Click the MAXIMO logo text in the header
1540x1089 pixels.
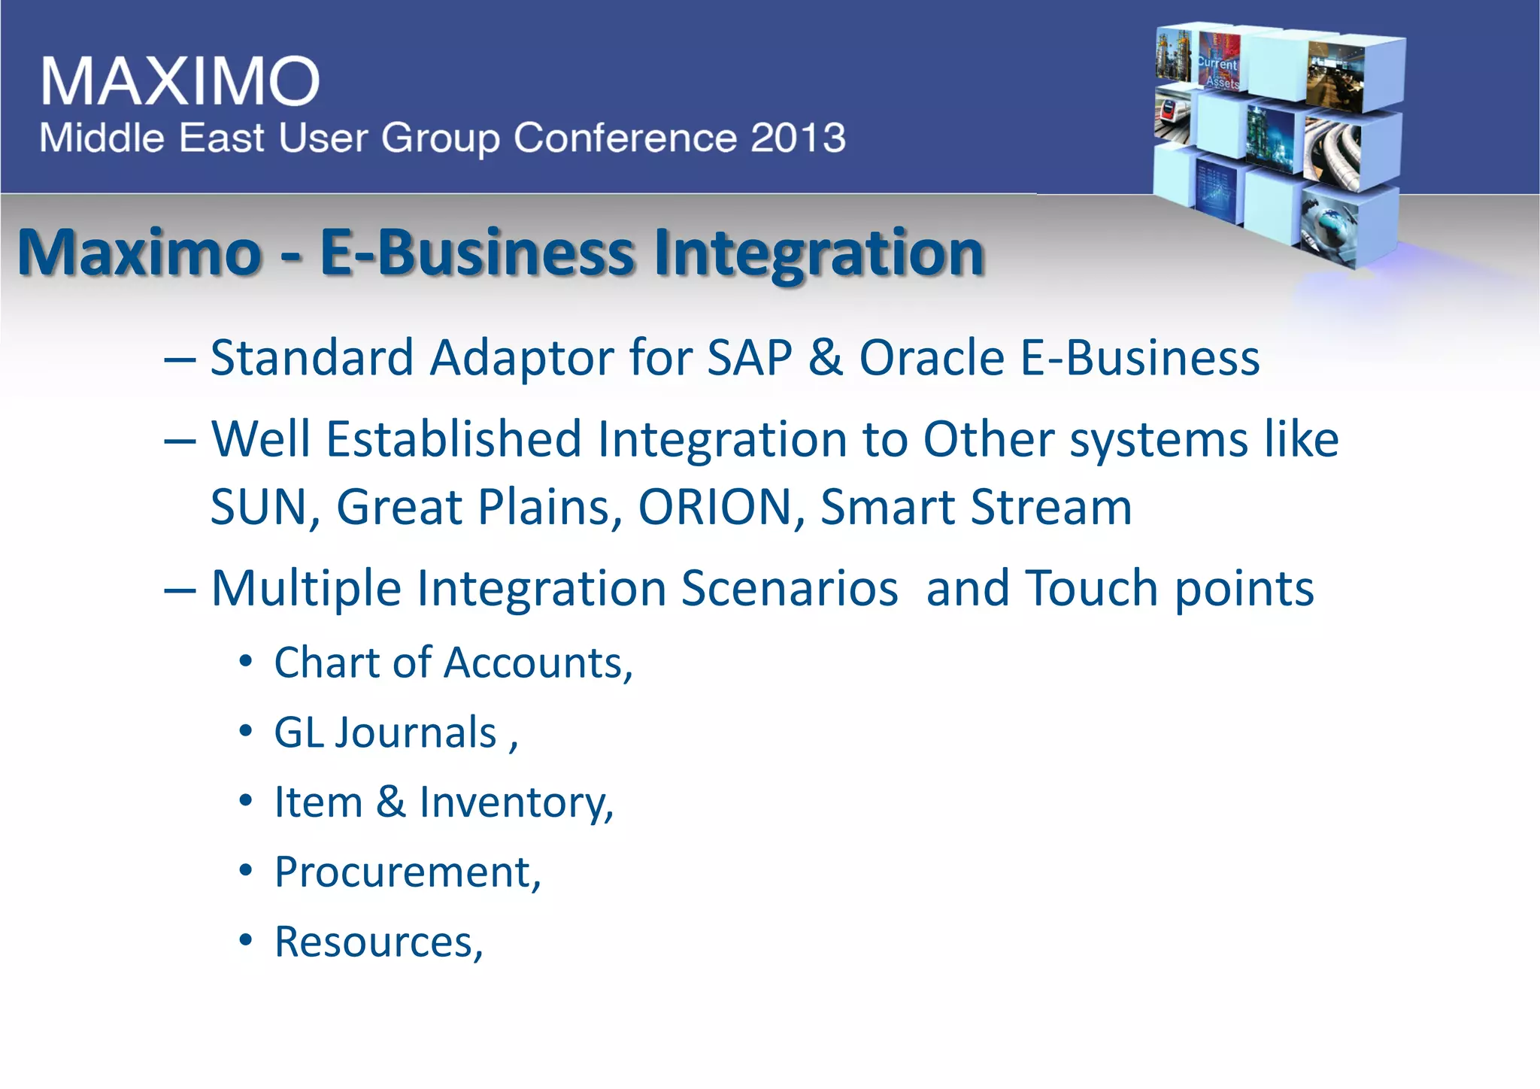point(180,80)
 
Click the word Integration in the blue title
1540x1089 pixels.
point(819,252)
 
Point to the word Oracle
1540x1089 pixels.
point(932,357)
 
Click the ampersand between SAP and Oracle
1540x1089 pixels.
point(826,357)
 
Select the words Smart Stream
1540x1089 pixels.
point(976,507)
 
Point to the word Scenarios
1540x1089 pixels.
point(789,587)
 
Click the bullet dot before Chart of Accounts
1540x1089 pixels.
point(245,663)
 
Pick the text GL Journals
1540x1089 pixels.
point(386,733)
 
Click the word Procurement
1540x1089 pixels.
point(407,872)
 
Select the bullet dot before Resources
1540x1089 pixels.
point(245,941)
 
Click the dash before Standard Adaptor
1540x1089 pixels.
point(180,359)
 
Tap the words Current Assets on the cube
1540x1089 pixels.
point(1219,72)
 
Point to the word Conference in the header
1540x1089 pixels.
point(625,138)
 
